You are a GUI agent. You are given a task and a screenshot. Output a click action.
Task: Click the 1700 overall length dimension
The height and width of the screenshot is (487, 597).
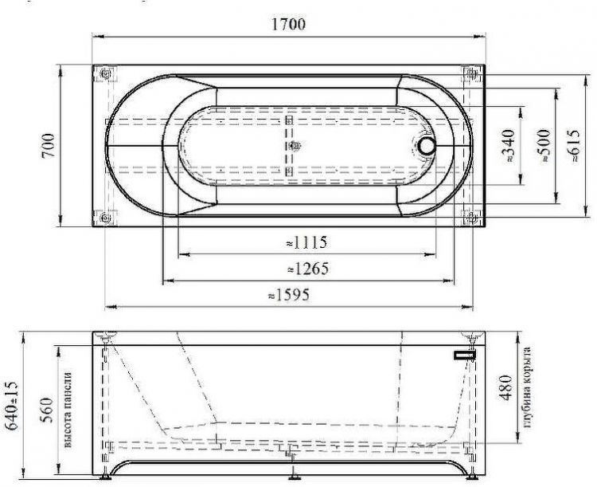(x=288, y=24)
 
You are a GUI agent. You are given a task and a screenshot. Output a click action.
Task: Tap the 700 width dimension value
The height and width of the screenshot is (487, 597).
(x=49, y=145)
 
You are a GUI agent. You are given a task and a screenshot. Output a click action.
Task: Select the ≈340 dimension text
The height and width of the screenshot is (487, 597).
(x=509, y=146)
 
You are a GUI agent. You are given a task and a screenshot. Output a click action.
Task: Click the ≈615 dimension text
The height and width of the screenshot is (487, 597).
(x=574, y=146)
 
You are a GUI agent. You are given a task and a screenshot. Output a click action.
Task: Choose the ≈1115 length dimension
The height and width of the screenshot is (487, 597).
(x=306, y=242)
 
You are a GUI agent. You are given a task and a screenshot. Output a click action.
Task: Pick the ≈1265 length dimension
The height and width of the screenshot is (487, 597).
(x=307, y=269)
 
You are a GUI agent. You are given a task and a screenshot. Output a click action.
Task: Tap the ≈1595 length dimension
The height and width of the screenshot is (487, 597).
(x=289, y=295)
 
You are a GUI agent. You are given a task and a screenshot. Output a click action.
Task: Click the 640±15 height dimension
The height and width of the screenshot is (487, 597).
(x=12, y=406)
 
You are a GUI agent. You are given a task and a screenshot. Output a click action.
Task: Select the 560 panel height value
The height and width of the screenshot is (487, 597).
(x=46, y=410)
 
